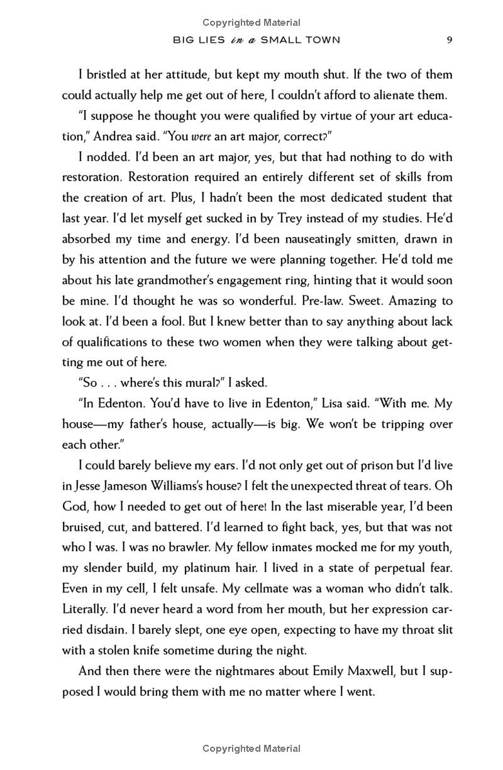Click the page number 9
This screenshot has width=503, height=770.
[450, 40]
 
